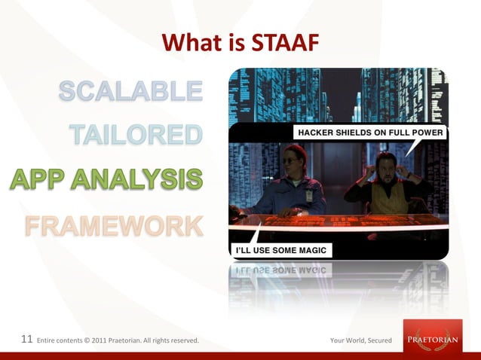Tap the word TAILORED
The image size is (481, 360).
click(x=136, y=135)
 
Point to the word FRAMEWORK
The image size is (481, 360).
click(x=114, y=224)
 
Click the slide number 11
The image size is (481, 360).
click(x=26, y=340)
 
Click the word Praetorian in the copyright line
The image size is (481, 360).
click(x=136, y=341)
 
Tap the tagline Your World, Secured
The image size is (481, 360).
click(x=360, y=341)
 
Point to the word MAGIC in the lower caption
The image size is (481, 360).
click(x=309, y=249)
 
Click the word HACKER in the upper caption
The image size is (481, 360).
click(x=317, y=133)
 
